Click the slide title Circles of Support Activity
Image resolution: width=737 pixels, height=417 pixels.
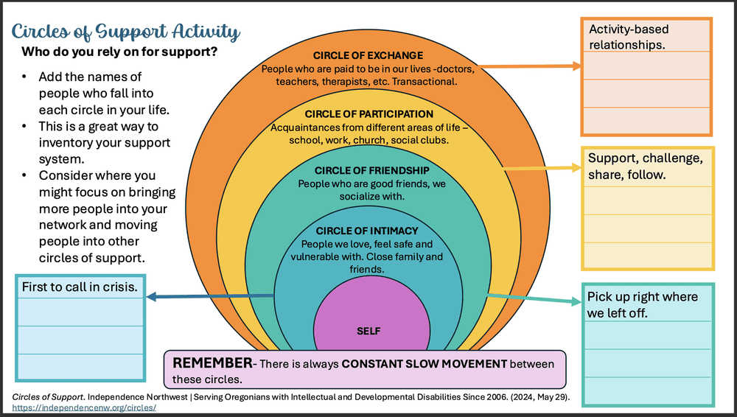[x=125, y=31]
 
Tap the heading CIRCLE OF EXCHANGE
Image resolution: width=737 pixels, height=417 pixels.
[x=368, y=55]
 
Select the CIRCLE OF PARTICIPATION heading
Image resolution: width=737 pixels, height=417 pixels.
[x=368, y=114]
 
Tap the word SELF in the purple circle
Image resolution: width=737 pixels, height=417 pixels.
[x=368, y=331]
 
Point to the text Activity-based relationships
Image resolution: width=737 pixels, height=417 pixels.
[x=629, y=37]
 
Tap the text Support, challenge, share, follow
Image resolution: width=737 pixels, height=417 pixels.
[x=645, y=167]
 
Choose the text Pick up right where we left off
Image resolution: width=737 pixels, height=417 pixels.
[x=642, y=304]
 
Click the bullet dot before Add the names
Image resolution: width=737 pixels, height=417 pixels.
[x=25, y=77]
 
